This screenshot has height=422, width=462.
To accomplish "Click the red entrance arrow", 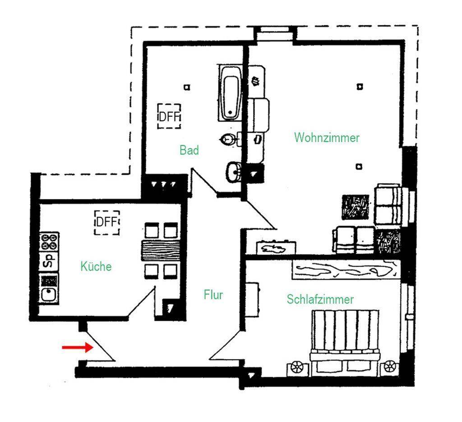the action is pos(78,347).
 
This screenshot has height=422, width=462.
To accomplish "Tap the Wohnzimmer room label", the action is pos(327,138).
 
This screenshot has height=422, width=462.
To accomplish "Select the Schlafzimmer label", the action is pos(320,299).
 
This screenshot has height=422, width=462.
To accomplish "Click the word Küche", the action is pos(96,266).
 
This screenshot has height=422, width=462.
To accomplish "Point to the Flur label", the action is pos(213,294).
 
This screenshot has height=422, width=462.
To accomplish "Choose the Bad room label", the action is pos(189,150).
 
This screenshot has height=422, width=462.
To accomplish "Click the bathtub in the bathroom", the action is pos(231,93).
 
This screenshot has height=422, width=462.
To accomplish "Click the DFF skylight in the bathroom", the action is pos(169,116).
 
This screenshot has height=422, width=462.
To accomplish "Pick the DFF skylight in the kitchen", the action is pos(106,223).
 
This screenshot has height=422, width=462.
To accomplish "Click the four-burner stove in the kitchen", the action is pos(49,241).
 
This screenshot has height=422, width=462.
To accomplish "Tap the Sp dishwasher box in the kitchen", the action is pos(49,261).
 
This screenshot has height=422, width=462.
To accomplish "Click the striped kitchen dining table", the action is pos(161,250).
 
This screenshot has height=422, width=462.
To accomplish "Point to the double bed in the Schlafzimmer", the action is pos(344,343).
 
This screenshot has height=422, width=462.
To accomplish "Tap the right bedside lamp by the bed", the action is pos(389,366).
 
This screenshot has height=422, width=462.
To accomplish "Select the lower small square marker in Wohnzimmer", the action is pos(359,167).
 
